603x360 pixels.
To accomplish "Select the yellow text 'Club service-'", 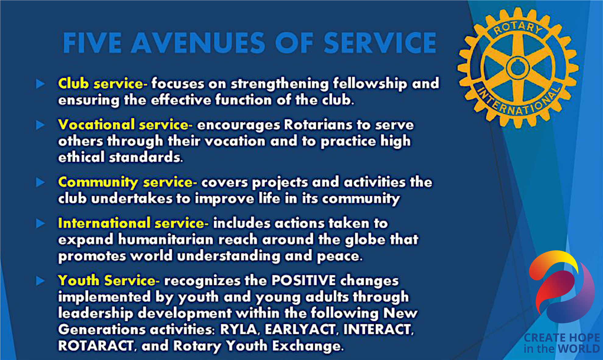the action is click(103, 83).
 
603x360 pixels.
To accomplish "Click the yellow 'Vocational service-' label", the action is click(125, 124).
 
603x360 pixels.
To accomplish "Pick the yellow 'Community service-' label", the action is click(127, 182).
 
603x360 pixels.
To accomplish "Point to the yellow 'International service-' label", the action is click(133, 223).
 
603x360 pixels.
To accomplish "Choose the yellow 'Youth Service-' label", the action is click(108, 280).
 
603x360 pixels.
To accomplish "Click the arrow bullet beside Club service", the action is click(41, 84).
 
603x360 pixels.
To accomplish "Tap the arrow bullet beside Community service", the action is click(41, 182).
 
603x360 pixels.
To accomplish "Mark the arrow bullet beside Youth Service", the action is click(41, 281).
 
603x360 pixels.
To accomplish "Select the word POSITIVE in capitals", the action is click(303, 280).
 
